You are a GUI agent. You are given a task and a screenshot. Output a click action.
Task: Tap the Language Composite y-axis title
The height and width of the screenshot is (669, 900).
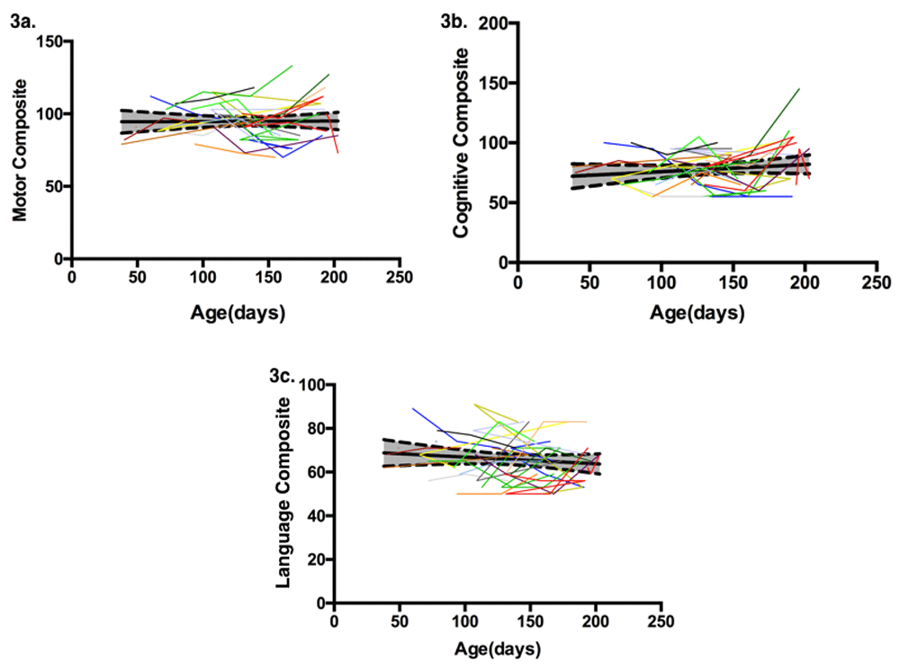283,494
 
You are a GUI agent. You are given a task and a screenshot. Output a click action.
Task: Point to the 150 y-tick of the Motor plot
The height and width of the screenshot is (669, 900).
51,41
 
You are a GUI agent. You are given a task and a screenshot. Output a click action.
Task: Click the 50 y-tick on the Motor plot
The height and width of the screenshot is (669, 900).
55,186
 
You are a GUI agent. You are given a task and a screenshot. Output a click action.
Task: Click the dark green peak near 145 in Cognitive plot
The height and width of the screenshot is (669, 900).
798,89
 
